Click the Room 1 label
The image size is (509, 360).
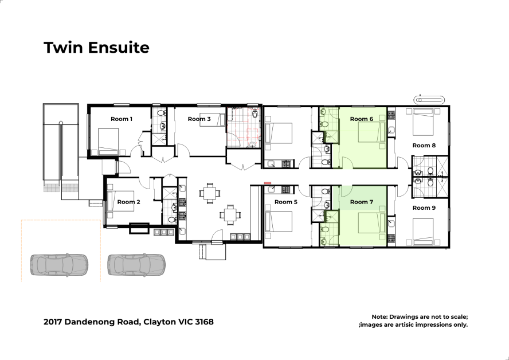[122, 119]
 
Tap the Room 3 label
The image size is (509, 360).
[199, 119]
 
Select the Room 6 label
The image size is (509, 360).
[361, 119]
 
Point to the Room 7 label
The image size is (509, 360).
[361, 202]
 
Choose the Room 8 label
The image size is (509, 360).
[424, 146]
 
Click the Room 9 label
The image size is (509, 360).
[424, 208]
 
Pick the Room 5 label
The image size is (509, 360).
[285, 202]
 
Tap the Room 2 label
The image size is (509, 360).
[128, 202]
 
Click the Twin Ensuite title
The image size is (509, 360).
[96, 48]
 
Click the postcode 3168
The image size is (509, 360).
[205, 322]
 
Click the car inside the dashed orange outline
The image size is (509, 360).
[59, 265]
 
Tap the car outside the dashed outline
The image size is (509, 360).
[136, 265]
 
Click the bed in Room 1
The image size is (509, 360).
[108, 141]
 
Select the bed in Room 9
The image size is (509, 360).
[423, 232]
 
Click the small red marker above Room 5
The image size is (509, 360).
[268, 183]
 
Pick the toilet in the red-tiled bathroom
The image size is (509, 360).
[255, 114]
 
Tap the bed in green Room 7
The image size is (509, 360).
[371, 223]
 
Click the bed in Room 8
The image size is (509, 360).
[423, 122]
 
